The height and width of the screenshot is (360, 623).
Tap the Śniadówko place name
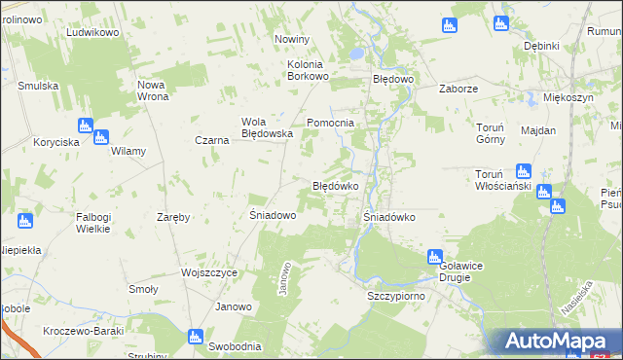[x=389, y=217]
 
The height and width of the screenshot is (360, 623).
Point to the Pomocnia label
[x=330, y=123]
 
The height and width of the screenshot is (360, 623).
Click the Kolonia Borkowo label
[x=311, y=70]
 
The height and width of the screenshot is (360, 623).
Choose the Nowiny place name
[x=292, y=39]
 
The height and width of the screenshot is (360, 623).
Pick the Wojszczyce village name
[x=209, y=273]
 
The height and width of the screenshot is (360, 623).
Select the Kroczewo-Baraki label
[x=83, y=331]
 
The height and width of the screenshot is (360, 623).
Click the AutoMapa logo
[x=559, y=342]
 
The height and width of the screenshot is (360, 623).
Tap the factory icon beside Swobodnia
[x=194, y=338]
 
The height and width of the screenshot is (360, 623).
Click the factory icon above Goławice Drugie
[x=435, y=257]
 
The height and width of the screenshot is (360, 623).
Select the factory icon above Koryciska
[x=84, y=126]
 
